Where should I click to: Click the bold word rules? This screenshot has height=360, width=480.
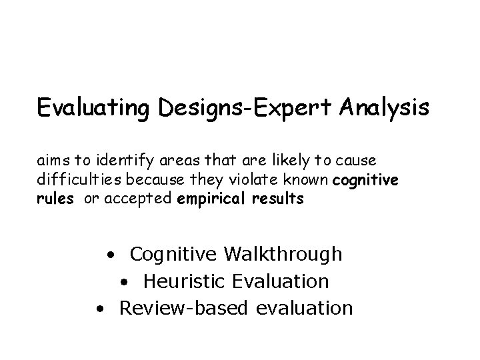(x=55, y=199)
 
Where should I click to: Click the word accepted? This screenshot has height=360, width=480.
(x=143, y=199)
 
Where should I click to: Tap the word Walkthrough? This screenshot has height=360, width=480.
(x=284, y=254)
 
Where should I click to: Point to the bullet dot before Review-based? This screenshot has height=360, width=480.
(x=99, y=309)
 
